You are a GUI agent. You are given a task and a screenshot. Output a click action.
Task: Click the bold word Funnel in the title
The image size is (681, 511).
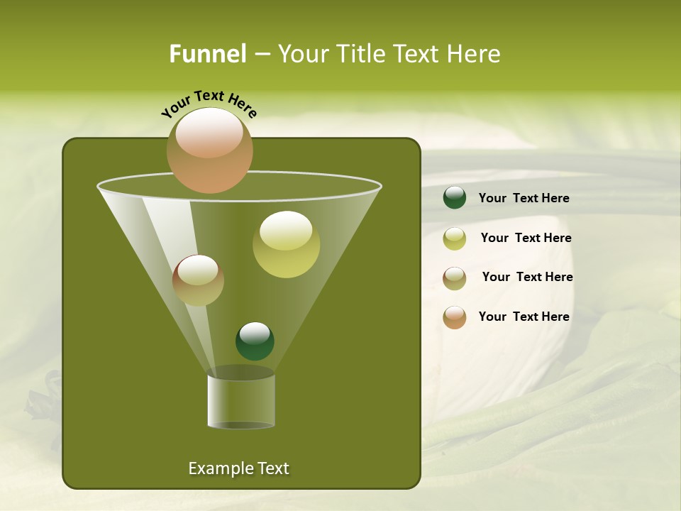207,54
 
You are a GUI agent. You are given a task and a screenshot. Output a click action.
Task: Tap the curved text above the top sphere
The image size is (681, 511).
209,104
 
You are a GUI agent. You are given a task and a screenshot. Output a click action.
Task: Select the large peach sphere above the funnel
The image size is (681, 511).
210,150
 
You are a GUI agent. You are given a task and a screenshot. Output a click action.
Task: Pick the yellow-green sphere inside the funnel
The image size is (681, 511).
286,244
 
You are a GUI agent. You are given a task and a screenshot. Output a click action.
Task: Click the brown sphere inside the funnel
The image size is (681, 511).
198,280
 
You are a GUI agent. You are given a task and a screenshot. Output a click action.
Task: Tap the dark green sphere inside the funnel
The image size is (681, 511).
255,341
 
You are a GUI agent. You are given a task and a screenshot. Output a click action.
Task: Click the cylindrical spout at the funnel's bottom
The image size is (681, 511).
240,402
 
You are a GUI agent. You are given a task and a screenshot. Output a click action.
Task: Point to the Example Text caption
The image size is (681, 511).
238,468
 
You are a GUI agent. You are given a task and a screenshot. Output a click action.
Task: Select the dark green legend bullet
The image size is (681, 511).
455,198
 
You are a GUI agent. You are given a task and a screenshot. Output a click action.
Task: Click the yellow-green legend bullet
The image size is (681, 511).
455,238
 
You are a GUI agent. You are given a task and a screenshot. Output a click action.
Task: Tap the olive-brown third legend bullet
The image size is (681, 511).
455,278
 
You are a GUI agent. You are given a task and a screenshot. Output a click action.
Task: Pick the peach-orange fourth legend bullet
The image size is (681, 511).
455,317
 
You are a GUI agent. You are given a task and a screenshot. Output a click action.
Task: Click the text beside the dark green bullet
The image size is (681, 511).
524,198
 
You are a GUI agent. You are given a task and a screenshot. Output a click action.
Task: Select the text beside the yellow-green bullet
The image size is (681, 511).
526,238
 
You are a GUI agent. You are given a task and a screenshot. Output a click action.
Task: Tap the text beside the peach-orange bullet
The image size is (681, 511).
524,317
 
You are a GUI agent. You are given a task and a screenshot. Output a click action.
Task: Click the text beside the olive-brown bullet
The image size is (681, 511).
527,277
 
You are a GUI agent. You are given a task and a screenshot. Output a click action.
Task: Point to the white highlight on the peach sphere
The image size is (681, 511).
209,133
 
